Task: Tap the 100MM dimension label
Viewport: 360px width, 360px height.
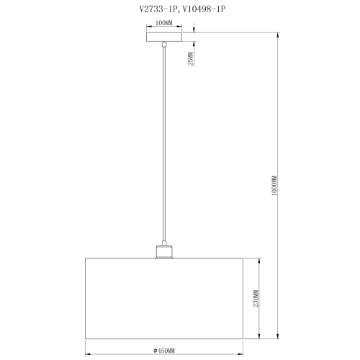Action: (x=164, y=23)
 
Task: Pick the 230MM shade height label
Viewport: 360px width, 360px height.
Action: (x=256, y=298)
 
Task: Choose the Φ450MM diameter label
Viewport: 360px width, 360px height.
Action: (x=164, y=350)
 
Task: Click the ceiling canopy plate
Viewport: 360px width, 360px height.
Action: (x=164, y=36)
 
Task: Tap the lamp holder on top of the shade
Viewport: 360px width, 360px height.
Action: (x=164, y=251)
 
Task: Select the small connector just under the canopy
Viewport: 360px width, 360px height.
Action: (x=165, y=45)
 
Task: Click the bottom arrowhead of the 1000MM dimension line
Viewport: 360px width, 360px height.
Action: (x=279, y=334)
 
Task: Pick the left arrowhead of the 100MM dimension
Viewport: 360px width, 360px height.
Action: (x=148, y=27)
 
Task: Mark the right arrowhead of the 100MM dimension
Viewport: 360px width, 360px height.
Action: (x=180, y=27)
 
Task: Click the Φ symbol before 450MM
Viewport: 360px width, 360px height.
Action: (x=155, y=350)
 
